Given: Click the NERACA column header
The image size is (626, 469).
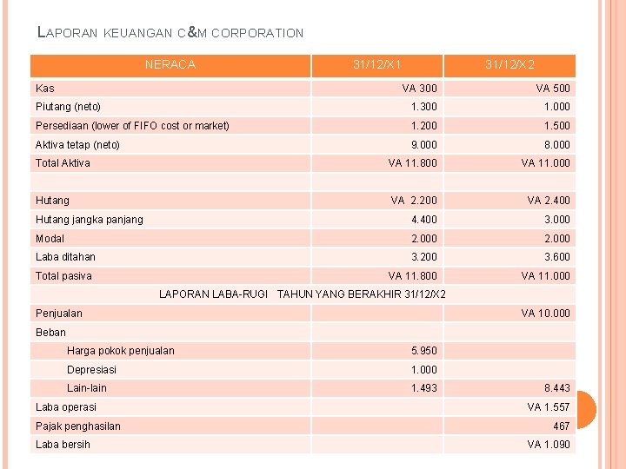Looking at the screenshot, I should point(170,64).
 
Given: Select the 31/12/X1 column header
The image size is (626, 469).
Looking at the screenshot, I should point(376,64).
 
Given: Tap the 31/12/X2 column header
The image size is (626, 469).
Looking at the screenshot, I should point(509,64).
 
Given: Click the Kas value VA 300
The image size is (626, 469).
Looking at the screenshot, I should point(420,88).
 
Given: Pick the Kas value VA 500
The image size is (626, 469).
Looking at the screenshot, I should point(553,88).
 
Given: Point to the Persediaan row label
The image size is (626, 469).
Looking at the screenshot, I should point(132,126).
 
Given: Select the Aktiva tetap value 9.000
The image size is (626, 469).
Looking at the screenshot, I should point(424,145).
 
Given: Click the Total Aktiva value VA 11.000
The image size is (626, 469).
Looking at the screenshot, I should point(546,163).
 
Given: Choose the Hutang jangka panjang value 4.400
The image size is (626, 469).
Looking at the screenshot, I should point(424,220).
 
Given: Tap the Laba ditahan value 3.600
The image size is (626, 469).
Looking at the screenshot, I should point(557,257).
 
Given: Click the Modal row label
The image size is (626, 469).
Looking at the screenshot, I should point(50,239).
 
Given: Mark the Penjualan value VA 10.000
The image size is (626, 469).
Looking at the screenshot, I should point(546,314).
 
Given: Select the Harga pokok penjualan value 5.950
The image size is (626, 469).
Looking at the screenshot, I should point(424,351).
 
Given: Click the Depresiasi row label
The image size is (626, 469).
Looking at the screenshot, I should point(91,370).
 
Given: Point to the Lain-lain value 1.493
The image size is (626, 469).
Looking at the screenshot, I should point(424,388).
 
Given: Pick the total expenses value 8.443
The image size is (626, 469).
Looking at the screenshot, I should point(557,388).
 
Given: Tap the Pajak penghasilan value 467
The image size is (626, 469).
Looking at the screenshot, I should point(562,426).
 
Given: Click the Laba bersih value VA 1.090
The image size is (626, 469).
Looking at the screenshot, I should point(549,445).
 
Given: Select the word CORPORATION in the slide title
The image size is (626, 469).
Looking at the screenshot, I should point(257,34).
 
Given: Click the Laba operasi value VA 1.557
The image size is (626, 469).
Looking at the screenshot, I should point(549,407).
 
